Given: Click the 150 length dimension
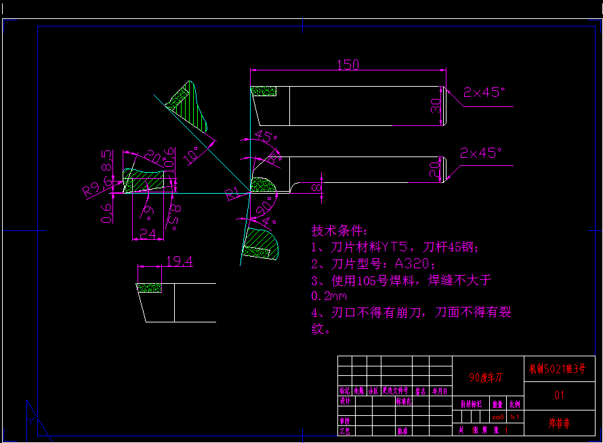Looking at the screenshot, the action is (348, 65).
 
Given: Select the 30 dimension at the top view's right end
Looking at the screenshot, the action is (436, 105).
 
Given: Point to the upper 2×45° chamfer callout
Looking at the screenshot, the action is (484, 92).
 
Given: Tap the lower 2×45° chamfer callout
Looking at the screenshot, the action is (482, 153).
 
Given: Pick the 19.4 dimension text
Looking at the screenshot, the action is (179, 261).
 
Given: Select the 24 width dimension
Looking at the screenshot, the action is (146, 234).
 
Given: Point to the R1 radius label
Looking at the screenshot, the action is (233, 196).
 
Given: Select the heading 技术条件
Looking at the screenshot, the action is (339, 230).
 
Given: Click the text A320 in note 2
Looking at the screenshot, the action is (410, 263).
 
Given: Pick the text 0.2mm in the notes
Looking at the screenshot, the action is (329, 296).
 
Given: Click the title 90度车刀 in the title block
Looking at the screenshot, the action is (486, 377).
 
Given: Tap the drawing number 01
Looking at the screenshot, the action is (559, 395).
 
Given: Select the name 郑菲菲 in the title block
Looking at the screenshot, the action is (559, 423).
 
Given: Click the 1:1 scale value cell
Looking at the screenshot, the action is (515, 417).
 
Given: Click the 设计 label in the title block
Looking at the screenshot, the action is (345, 401).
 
